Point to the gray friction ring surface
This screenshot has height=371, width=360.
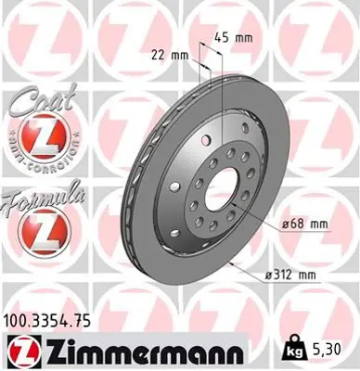point(260,158)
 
